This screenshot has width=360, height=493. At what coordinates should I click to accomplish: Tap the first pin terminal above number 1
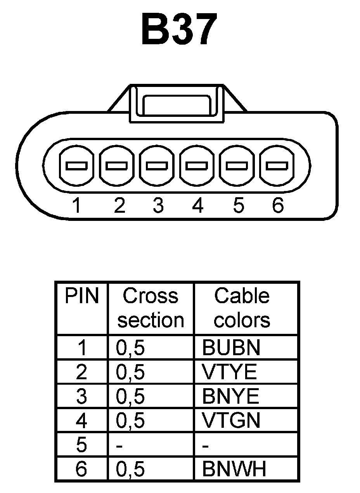point(77,166)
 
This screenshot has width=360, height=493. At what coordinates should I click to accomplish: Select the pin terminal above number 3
point(157,166)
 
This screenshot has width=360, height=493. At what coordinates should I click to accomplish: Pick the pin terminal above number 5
point(237,166)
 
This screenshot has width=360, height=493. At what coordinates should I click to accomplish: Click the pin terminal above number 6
point(277,166)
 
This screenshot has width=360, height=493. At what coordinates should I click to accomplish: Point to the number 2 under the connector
point(119,205)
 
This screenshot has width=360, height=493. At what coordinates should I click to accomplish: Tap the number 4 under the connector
point(198,205)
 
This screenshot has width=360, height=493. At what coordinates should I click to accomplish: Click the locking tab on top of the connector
point(177,104)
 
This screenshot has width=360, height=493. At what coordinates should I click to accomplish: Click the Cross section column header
point(151,308)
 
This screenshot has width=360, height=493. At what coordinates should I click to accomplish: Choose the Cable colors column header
point(242,308)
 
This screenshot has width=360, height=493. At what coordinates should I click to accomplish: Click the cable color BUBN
point(231,348)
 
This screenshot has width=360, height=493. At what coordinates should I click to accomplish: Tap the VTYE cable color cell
point(229,372)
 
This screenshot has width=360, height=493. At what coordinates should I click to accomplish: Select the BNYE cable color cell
point(230,396)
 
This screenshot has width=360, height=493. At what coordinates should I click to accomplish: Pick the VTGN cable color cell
point(231,420)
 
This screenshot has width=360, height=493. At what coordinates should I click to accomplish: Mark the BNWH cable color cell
point(234,469)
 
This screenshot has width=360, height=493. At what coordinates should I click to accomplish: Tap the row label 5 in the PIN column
point(81,445)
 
